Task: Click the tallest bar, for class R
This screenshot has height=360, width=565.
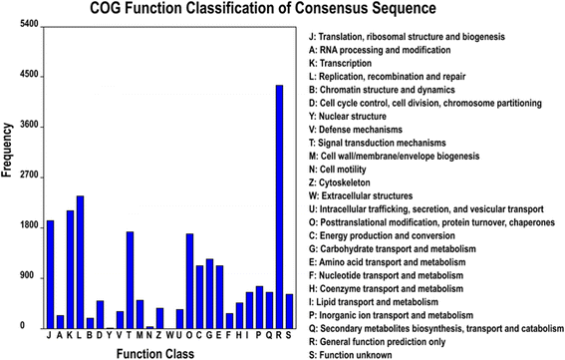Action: coord(279,206)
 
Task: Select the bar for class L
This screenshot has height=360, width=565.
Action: coord(80,262)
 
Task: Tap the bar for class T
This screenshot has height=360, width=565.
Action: coord(131,280)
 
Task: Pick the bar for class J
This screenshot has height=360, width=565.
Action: coord(51,274)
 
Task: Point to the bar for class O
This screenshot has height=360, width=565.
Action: coord(189,281)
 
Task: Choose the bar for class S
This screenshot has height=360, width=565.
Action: coord(289,311)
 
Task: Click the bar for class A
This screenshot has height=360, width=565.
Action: coord(60,322)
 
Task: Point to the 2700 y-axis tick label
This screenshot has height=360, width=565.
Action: coord(29,175)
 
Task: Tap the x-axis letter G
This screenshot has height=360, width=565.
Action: coord(209,335)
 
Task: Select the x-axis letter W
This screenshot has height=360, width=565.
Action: coord(170,335)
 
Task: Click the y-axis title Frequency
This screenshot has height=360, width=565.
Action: coord(7,150)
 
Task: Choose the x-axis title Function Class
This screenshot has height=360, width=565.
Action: coord(155,353)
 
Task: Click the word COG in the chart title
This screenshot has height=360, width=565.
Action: coord(105,8)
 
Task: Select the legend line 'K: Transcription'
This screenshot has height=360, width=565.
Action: coord(340,63)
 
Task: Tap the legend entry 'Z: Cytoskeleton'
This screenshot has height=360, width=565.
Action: coord(340,182)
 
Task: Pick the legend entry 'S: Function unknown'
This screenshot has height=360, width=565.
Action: coord(350,355)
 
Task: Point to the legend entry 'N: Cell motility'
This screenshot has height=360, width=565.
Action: coord(337,170)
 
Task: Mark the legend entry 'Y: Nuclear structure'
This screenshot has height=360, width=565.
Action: coord(348,116)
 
